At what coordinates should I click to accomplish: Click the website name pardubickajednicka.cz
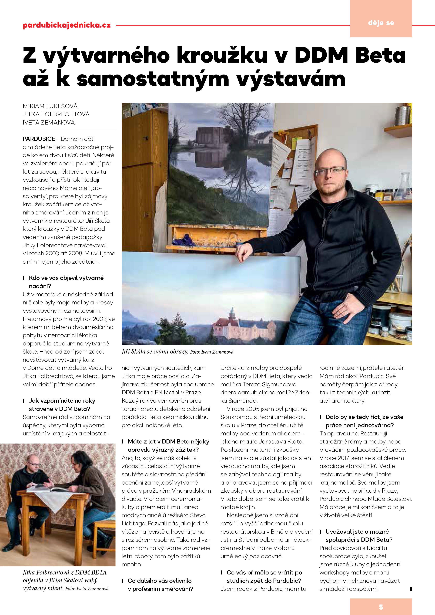point(67,25)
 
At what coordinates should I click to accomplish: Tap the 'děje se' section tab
point(381,23)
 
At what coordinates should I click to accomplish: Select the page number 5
point(381,607)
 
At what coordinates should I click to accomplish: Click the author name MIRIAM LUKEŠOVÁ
point(50,106)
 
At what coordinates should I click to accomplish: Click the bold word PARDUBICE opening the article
point(39,139)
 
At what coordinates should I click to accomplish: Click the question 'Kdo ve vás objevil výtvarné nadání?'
point(66,282)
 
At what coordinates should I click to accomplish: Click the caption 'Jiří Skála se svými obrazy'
point(155,352)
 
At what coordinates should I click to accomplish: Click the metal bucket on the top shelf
point(402,116)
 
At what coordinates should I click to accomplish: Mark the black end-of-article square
point(411,589)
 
